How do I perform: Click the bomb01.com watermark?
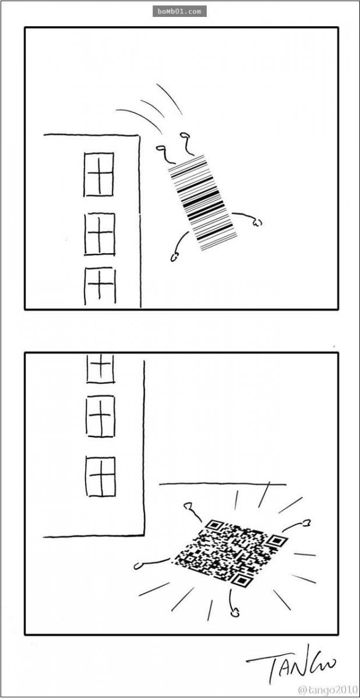179,12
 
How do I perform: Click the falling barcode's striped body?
203,203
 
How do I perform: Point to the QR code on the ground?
230,549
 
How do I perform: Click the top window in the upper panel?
98,174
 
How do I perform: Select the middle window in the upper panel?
100,234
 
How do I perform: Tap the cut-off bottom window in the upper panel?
100,286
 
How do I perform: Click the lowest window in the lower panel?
101,477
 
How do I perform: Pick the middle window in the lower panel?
100,416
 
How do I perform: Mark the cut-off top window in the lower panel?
100,369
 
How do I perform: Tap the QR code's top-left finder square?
213,525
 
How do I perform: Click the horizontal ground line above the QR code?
223,484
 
